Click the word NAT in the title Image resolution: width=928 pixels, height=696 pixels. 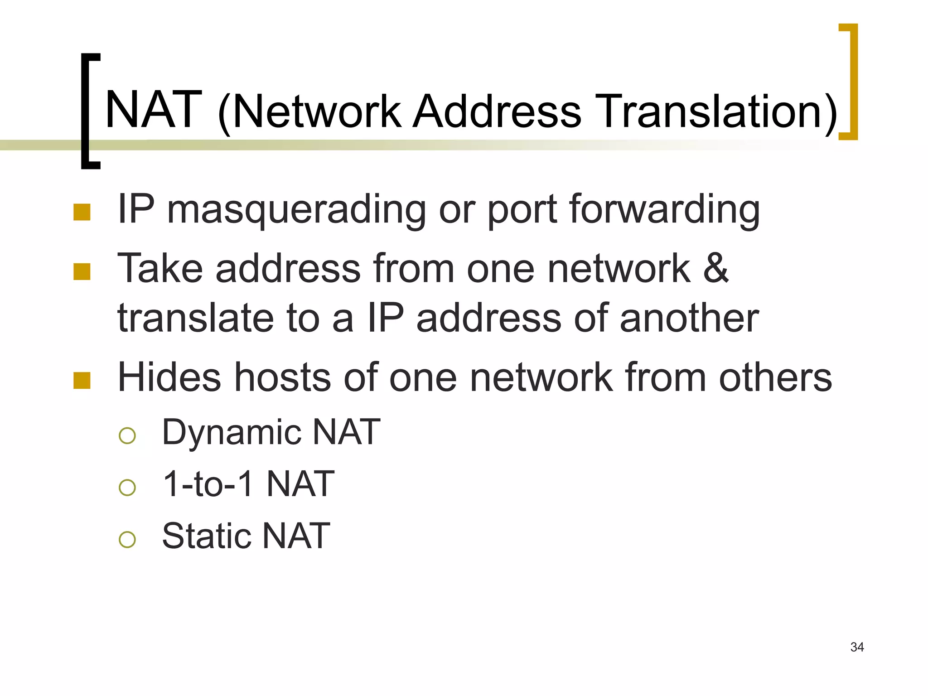(x=153, y=110)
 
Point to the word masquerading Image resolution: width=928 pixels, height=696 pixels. (x=296, y=210)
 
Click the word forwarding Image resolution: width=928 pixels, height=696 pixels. (x=664, y=210)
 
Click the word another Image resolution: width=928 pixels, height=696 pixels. (x=689, y=318)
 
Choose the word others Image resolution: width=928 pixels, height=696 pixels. (x=775, y=377)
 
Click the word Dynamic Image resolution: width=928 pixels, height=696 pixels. (x=231, y=433)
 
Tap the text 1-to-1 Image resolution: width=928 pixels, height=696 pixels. (x=208, y=484)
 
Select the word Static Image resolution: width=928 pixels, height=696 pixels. (x=206, y=536)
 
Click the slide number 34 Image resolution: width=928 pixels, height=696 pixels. (x=857, y=647)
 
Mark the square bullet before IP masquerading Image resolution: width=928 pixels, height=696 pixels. (x=82, y=212)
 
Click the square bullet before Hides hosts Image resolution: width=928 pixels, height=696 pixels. (x=82, y=381)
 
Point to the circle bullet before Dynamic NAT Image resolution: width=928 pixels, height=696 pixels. (x=127, y=435)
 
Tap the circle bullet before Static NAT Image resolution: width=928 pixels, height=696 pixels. (x=127, y=539)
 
